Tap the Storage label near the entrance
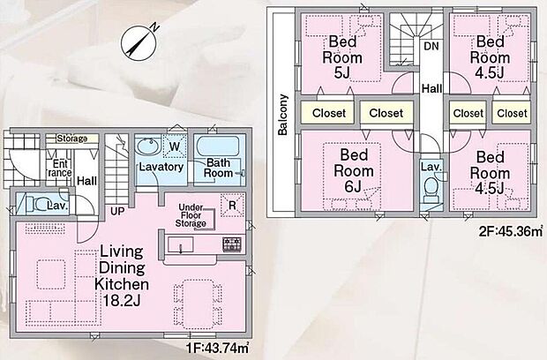(71, 139)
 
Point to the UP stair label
(116, 210)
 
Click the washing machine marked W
(173, 146)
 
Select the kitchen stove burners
(231, 244)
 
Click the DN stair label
(431, 45)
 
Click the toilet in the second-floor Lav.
(431, 189)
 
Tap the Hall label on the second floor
(431, 88)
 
